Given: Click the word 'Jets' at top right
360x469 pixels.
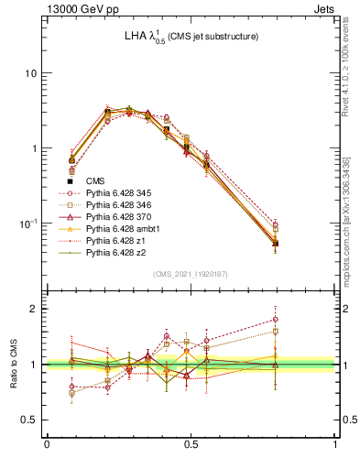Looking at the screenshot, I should coord(322,8).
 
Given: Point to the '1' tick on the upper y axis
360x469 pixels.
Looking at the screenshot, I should coord(34,148).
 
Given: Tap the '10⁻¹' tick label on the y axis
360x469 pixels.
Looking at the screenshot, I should coord(28,224).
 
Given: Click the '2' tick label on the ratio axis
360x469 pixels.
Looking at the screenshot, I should coord(34,309).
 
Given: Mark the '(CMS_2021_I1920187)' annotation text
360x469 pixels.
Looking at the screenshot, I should coord(191,274).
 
